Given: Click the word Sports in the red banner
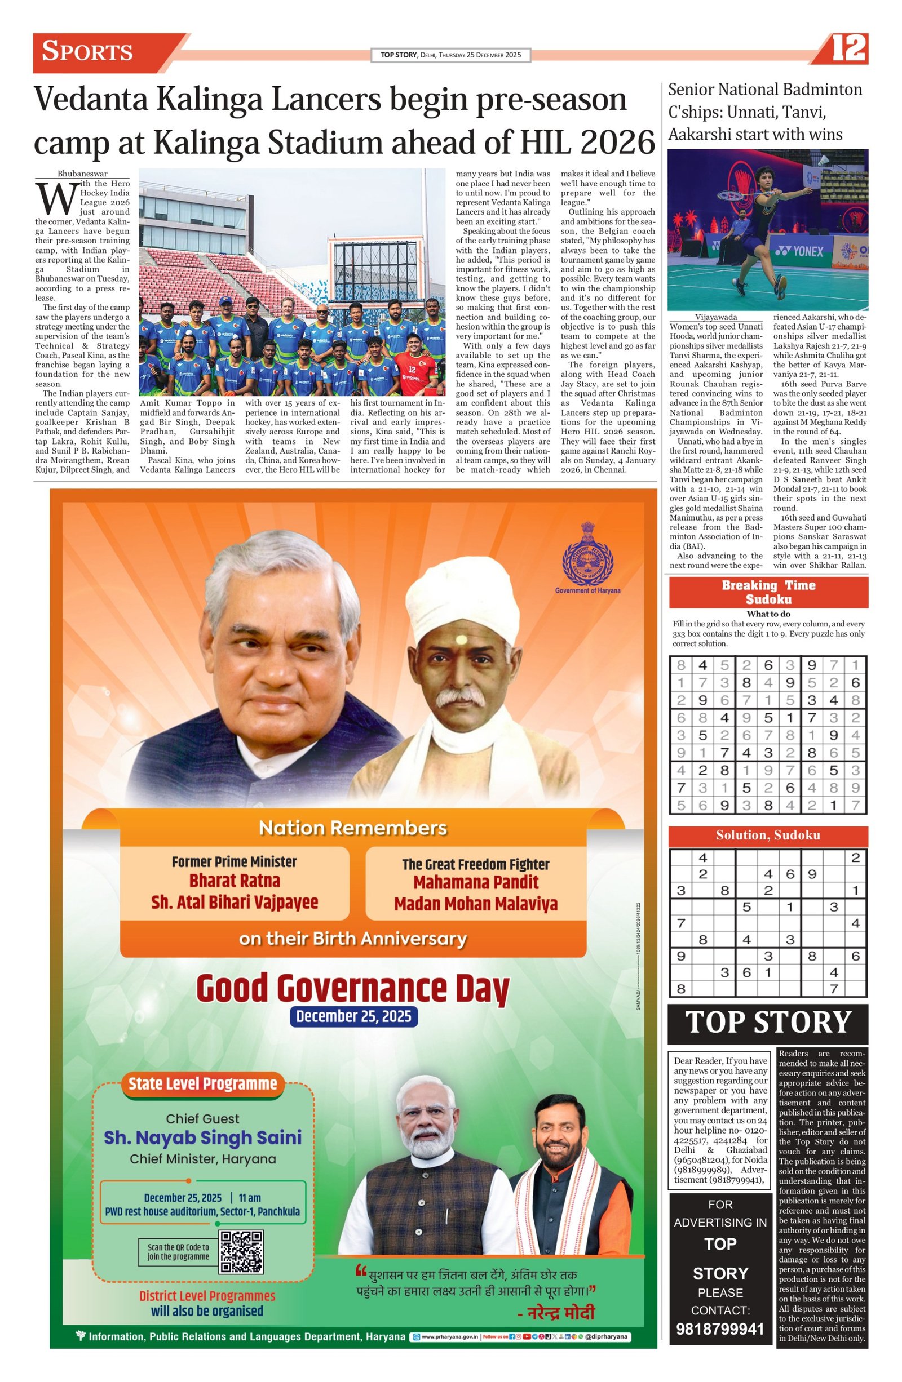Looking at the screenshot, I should [88, 52].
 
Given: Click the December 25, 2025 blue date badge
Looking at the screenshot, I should [353, 1016].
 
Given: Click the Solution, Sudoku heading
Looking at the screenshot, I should [768, 835].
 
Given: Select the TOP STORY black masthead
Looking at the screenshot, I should [768, 1023].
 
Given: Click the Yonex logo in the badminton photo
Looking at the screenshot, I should [799, 251].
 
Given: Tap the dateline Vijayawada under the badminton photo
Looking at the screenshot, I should [715, 317].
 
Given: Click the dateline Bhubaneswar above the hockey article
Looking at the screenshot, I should [82, 173].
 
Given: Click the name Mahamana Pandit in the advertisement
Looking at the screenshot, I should [475, 882].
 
